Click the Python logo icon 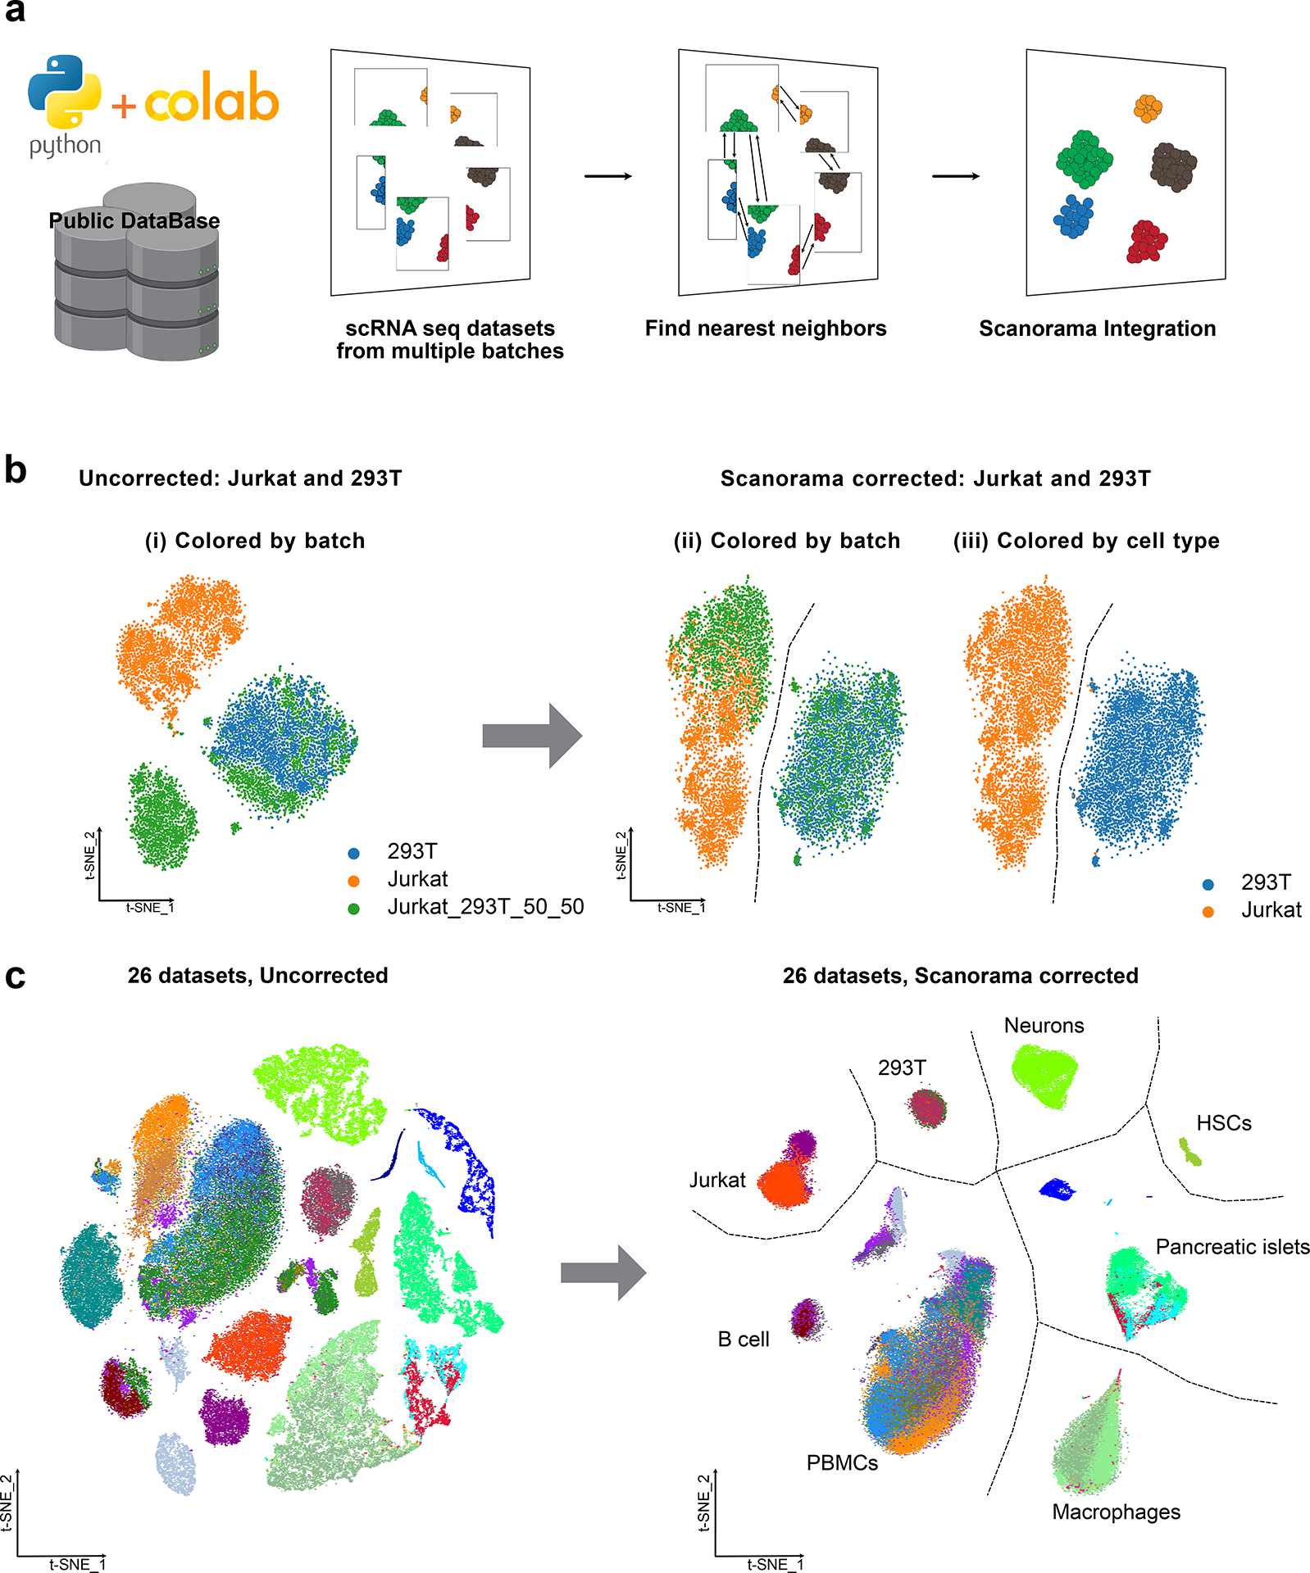click(64, 92)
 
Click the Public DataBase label click(134, 220)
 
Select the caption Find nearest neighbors click(765, 329)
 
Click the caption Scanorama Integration click(1097, 329)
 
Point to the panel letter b click(16, 471)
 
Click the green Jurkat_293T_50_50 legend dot click(354, 909)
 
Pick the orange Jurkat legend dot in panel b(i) click(354, 881)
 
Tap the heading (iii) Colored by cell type click(1085, 541)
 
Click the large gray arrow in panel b click(532, 736)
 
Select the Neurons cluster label click(1044, 1026)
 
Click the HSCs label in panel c click(1223, 1123)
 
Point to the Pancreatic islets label click(1232, 1247)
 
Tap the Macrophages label click(1116, 1512)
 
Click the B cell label click(744, 1340)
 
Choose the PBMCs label click(842, 1463)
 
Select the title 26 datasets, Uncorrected click(257, 976)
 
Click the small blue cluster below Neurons click(1057, 1189)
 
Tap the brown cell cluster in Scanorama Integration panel click(1173, 166)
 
